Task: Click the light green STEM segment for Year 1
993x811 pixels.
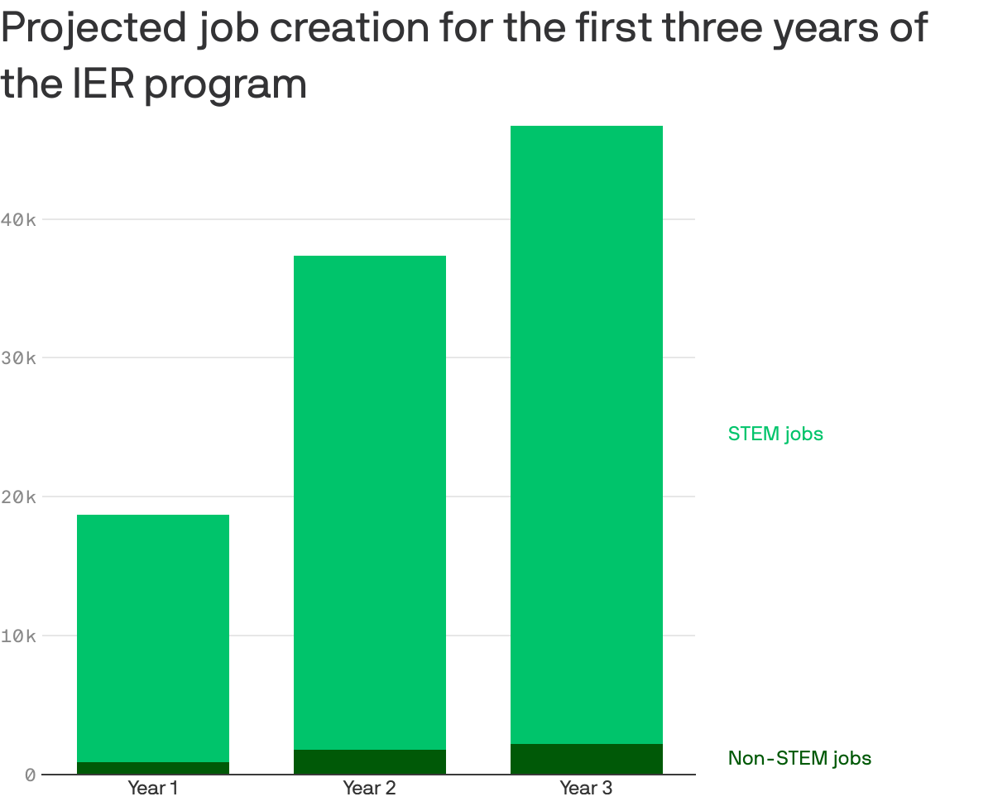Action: [x=152, y=637]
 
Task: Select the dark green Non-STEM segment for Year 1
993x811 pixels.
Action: [x=152, y=768]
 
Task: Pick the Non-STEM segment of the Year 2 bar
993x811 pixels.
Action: [x=369, y=762]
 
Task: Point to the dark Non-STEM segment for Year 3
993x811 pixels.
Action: [x=586, y=759]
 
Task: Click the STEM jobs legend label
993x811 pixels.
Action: [x=775, y=434]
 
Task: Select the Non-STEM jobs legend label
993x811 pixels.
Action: [x=799, y=758]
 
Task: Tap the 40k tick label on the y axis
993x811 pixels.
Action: [x=18, y=219]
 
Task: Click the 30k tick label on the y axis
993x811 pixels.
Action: [x=18, y=358]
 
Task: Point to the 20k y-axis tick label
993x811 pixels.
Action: [x=18, y=497]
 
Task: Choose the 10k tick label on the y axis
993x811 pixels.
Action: [x=18, y=636]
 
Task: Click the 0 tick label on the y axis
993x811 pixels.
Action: [x=30, y=775]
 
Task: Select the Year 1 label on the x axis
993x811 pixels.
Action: [x=152, y=788]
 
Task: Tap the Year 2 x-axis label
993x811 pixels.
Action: [x=369, y=788]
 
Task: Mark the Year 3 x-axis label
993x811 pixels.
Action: [x=586, y=788]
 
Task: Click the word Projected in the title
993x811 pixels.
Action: [x=93, y=31]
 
